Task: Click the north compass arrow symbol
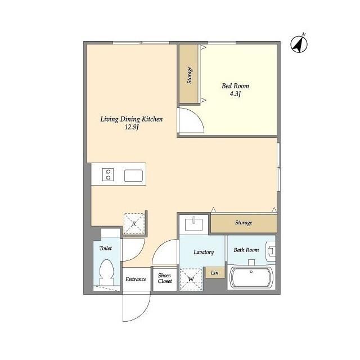299,44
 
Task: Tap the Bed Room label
235,86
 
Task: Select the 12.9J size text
132,127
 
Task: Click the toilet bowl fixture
107,272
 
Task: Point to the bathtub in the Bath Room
251,277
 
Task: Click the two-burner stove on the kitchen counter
108,175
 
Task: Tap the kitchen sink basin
134,175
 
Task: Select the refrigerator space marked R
134,224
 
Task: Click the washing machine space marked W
191,279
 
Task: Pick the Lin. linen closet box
215,272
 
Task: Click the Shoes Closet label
165,278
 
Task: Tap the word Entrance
136,279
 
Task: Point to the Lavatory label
204,252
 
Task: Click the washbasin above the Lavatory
194,224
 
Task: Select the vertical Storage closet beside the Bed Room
189,74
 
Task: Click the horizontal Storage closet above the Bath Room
244,223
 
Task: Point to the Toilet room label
106,248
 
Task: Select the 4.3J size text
235,94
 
